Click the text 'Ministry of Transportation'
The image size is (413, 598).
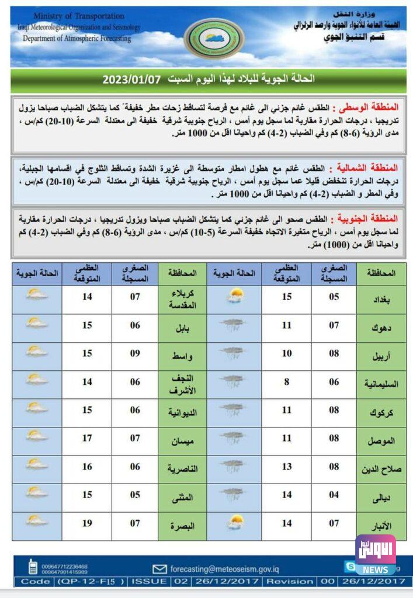79,16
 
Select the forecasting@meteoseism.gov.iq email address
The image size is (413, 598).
221,568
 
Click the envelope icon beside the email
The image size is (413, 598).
159,569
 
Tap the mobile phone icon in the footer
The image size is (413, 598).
33,566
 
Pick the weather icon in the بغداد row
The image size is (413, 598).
235,297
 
